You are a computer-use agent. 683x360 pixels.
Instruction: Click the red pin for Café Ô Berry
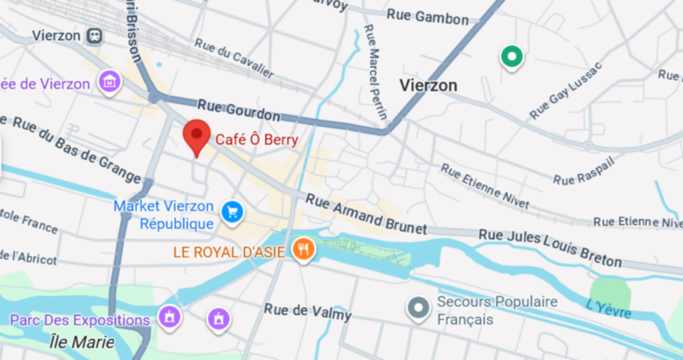[197, 135]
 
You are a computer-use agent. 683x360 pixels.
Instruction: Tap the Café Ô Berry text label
[256, 140]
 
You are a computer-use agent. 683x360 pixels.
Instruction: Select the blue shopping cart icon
[232, 213]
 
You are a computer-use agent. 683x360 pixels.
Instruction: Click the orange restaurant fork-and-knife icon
[303, 250]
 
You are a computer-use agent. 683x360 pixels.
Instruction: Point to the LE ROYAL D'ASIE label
[229, 252]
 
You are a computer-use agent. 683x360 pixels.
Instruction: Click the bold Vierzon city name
[428, 85]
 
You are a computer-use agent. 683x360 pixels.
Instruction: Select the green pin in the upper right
[512, 57]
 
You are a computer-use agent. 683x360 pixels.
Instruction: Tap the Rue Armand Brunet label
[366, 213]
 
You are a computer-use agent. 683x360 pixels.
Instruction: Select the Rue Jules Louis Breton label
[550, 247]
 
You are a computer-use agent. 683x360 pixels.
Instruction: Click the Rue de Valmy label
[307, 311]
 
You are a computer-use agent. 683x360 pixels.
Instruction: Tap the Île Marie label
[82, 342]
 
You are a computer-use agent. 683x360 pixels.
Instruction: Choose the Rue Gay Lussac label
[566, 91]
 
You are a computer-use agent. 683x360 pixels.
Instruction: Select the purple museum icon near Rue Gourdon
[109, 83]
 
